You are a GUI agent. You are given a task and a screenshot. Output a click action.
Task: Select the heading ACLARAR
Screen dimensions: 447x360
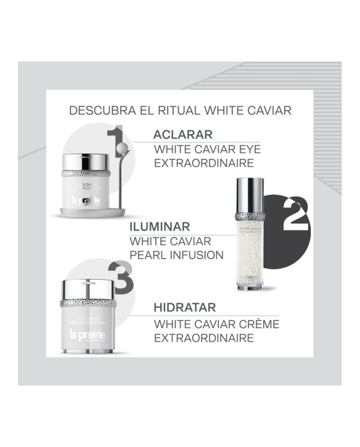(x=182, y=135)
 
